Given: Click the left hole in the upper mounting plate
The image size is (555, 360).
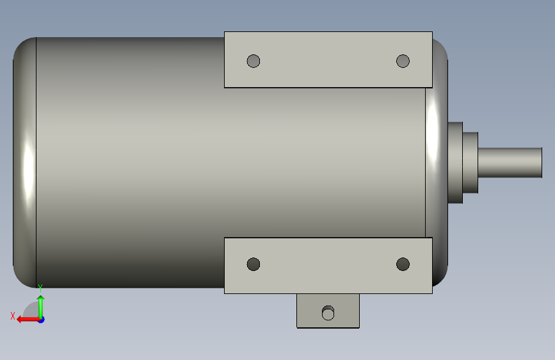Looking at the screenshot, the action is (253, 61).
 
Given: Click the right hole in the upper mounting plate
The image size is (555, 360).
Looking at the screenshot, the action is (403, 61).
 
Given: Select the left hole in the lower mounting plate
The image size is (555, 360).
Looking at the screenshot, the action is (253, 264).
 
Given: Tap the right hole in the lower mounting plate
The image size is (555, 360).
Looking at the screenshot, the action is (403, 264).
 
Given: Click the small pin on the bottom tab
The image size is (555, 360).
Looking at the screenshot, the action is (328, 313).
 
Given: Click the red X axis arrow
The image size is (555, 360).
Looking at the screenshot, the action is (28, 320).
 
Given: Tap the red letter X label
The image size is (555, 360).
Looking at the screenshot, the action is (13, 316).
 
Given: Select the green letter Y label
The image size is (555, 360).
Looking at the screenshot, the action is (40, 288).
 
